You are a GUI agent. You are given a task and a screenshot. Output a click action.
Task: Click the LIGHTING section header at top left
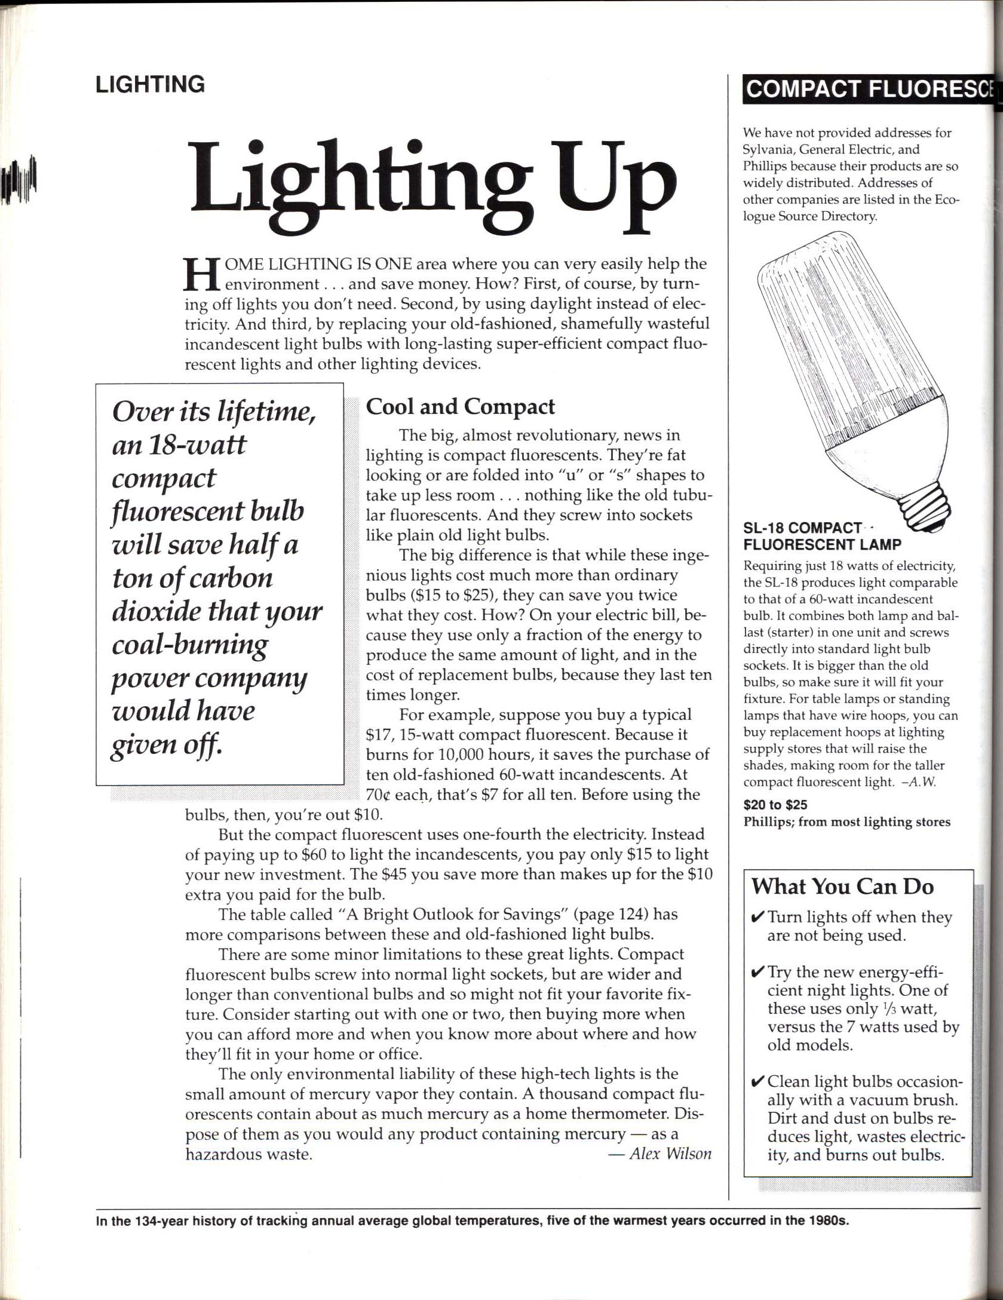point(150,84)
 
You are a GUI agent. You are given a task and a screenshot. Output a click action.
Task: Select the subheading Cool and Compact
point(460,407)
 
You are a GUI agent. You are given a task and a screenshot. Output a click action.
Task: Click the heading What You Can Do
point(842,886)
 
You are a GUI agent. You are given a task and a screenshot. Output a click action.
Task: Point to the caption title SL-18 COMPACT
point(802,528)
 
